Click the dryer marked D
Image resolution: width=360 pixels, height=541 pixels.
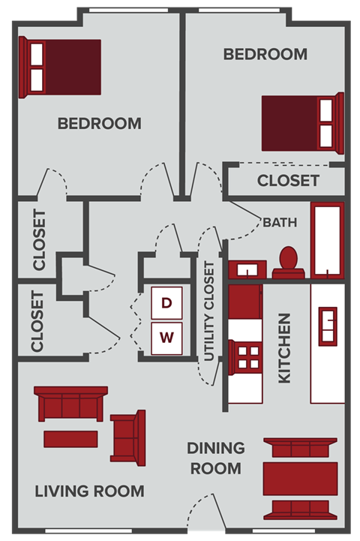click(x=167, y=303)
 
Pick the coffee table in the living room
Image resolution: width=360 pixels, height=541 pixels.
click(x=70, y=437)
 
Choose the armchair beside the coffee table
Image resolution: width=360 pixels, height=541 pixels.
click(x=127, y=437)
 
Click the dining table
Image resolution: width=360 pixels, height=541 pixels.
click(x=300, y=478)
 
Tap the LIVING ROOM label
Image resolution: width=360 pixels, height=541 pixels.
click(x=89, y=491)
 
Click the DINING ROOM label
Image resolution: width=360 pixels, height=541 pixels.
click(x=216, y=458)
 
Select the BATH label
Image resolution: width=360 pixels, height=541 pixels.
click(x=280, y=222)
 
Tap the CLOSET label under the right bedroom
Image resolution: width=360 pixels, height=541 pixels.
click(x=288, y=181)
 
